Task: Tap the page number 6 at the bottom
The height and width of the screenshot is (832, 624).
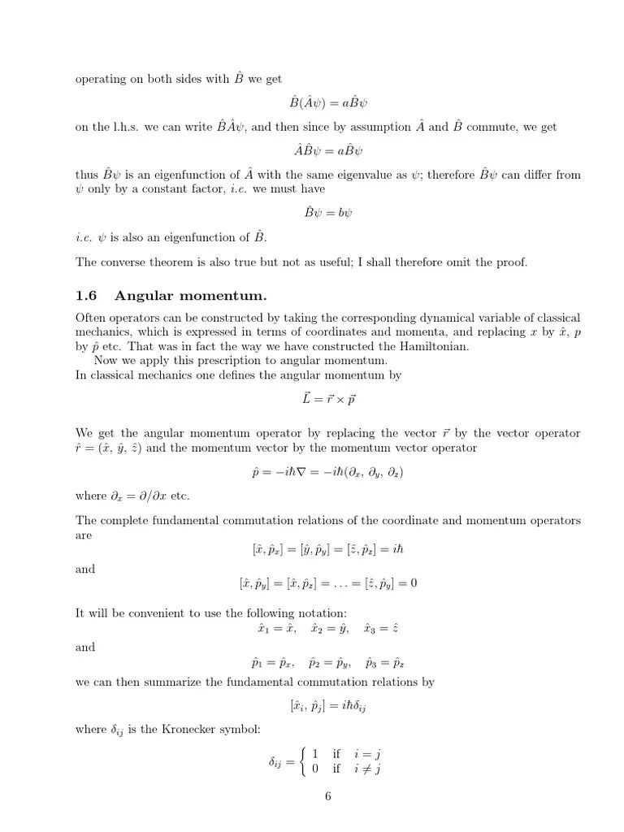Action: [x=327, y=795]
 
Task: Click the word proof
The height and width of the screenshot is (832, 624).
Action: [x=508, y=262]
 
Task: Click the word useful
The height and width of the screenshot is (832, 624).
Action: [x=333, y=262]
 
